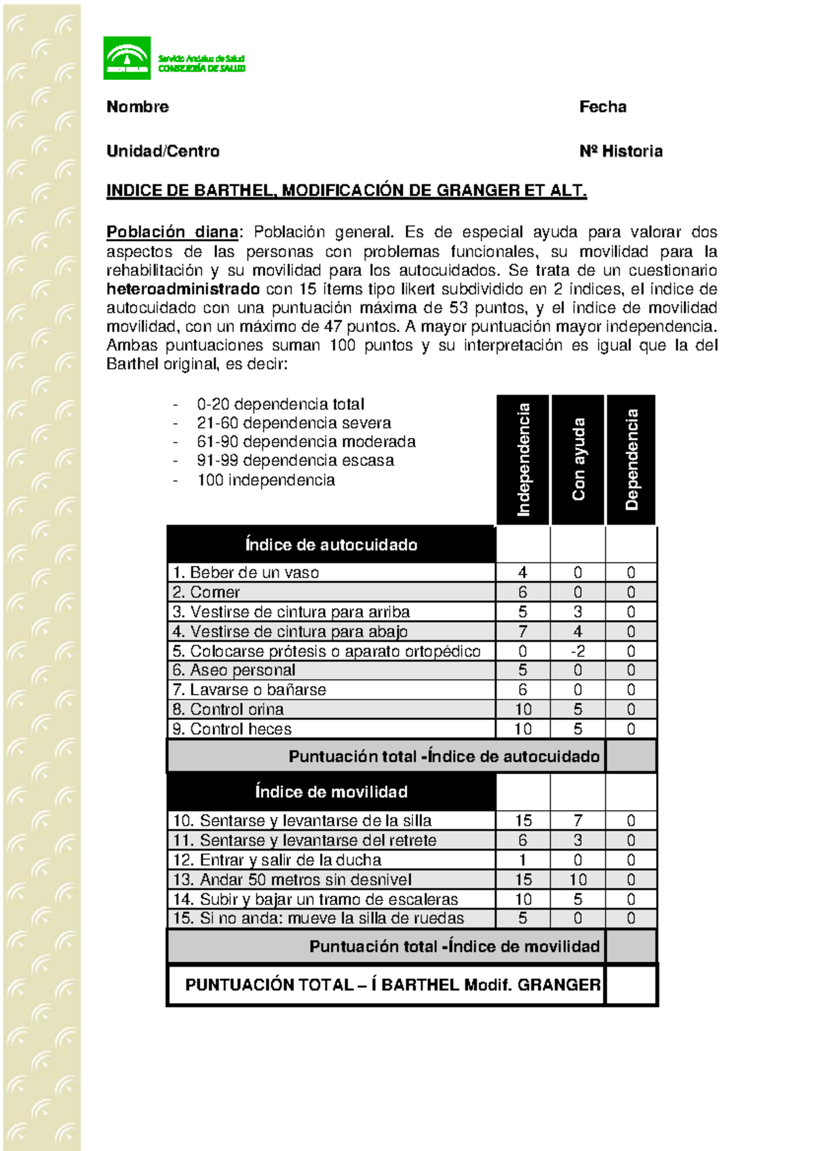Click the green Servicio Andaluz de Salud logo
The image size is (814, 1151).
coord(127,58)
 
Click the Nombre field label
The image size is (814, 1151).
coord(138,106)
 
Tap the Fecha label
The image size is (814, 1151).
coord(602,106)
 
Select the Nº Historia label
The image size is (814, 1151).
coord(621,151)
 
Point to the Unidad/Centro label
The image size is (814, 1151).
coord(163,151)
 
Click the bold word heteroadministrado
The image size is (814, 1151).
coord(183,289)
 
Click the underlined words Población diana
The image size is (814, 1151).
coord(172,232)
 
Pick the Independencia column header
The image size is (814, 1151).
coord(523,460)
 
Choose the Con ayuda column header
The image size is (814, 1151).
coord(578,460)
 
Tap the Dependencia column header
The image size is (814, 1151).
coord(632,460)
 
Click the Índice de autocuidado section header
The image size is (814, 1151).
coord(331,545)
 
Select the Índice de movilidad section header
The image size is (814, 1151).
coord(331,792)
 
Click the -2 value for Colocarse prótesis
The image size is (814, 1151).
coord(577,651)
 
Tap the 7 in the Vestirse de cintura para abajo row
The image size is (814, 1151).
coord(522,632)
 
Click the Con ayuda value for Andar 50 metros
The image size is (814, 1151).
coord(577,880)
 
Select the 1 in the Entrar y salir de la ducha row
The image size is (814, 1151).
coord(522,860)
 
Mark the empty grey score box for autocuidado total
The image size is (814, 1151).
coord(631,756)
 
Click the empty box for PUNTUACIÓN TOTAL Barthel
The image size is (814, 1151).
coord(631,985)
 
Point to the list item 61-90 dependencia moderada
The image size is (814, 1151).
coord(306,442)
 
